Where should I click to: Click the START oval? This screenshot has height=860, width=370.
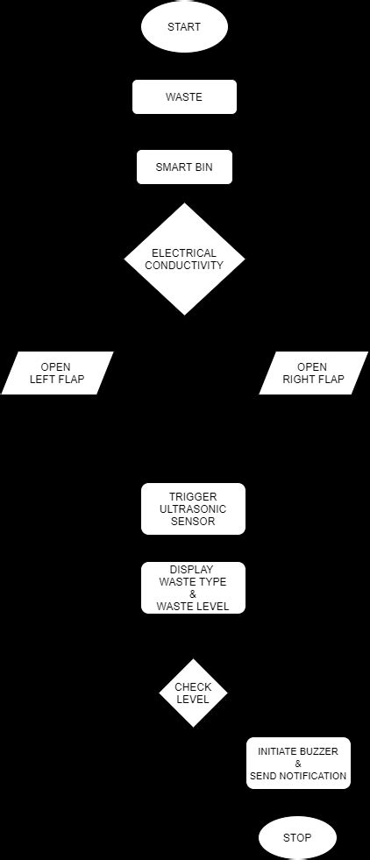(184, 27)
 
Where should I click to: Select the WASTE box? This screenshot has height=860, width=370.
(184, 97)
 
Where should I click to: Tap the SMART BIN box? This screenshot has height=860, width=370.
(184, 167)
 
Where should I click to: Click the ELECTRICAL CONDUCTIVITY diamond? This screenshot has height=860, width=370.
(184, 259)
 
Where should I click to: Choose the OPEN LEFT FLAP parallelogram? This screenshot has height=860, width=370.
(57, 373)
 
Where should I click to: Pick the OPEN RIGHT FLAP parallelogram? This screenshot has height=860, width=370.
(313, 373)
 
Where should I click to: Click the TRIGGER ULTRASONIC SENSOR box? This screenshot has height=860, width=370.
(193, 508)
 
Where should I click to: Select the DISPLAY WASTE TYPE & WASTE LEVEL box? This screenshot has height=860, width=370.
(193, 587)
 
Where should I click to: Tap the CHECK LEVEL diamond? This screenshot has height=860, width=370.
(193, 693)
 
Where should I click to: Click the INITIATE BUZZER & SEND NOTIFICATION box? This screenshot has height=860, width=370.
(298, 764)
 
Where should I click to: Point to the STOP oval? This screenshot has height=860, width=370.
(297, 838)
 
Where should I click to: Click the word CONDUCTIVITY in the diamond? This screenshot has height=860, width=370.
(184, 266)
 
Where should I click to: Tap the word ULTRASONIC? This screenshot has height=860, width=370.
(193, 509)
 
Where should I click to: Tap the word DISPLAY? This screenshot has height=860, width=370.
(192, 570)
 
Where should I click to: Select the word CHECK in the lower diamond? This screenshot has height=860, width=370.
(193, 687)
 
